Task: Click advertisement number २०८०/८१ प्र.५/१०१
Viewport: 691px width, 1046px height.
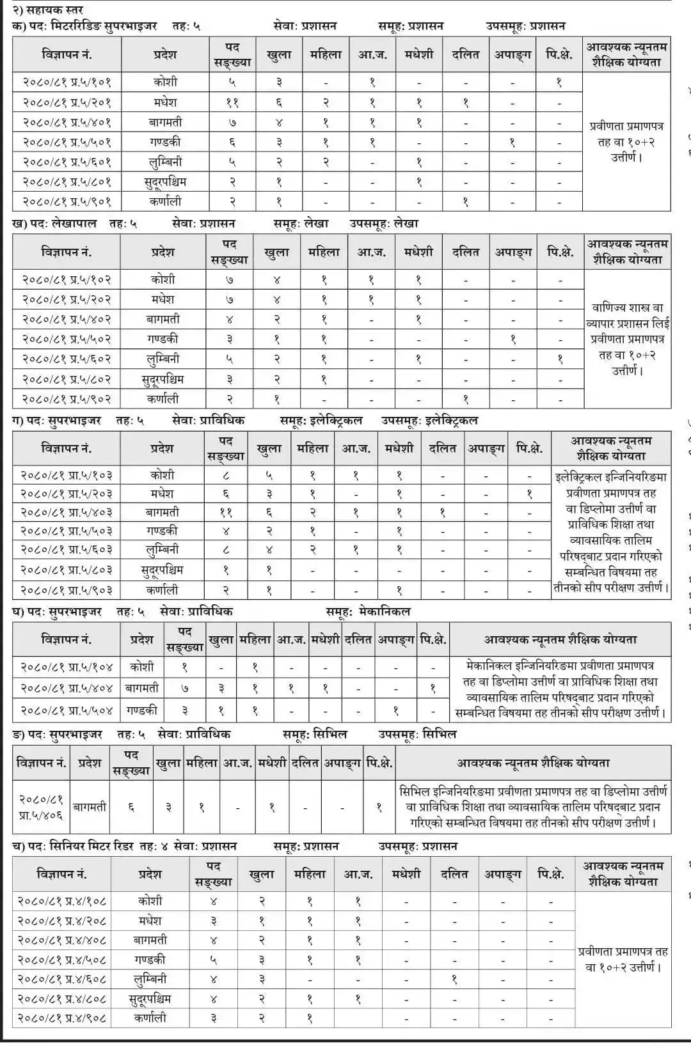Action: click(67, 82)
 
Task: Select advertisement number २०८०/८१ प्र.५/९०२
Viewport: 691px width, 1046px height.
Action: click(67, 398)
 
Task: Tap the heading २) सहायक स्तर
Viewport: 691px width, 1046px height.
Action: click(47, 10)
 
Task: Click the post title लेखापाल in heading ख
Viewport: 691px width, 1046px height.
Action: click(72, 223)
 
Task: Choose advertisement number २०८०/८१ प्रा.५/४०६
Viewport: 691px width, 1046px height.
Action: click(41, 807)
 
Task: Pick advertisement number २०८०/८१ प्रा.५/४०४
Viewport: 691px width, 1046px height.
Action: click(67, 688)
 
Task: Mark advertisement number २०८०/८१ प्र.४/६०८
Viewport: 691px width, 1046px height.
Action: click(62, 979)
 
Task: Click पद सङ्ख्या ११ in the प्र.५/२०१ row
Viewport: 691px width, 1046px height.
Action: click(232, 102)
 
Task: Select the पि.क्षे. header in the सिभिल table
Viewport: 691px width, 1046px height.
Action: click(379, 763)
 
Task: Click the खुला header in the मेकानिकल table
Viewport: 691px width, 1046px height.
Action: click(221, 639)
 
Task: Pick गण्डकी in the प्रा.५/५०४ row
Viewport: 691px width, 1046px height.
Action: click(142, 710)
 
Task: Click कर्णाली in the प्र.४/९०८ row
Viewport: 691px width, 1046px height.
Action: click(150, 1017)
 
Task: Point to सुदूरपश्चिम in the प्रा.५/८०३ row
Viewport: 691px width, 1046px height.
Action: click(163, 569)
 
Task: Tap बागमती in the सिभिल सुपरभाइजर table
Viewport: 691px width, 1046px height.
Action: click(90, 807)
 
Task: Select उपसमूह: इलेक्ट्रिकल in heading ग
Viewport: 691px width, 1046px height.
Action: click(430, 420)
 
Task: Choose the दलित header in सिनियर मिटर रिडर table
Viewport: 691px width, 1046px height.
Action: click(454, 874)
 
